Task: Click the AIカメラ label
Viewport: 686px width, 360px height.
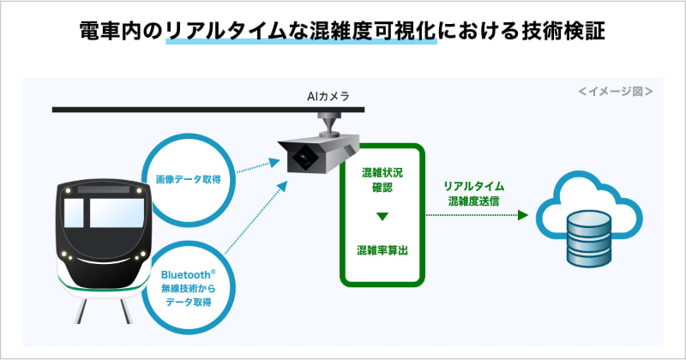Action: point(328,98)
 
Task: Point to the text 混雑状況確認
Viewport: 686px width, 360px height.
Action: point(382,180)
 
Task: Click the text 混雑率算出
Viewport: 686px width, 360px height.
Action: point(382,250)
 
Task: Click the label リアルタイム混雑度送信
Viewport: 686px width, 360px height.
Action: point(473,194)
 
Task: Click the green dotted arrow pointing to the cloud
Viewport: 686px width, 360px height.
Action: point(476,217)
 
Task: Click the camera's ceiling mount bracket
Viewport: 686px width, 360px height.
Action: point(328,124)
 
